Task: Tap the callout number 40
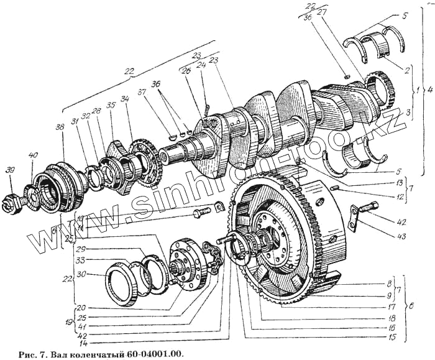pyautogui.click(x=32, y=155)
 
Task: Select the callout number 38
pyautogui.click(x=59, y=127)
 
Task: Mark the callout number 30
pyautogui.click(x=81, y=275)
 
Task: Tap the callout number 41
pyautogui.click(x=81, y=324)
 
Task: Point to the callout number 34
pyautogui.click(x=125, y=99)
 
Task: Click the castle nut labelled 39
pyautogui.click(x=13, y=200)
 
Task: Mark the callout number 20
pyautogui.click(x=81, y=307)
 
